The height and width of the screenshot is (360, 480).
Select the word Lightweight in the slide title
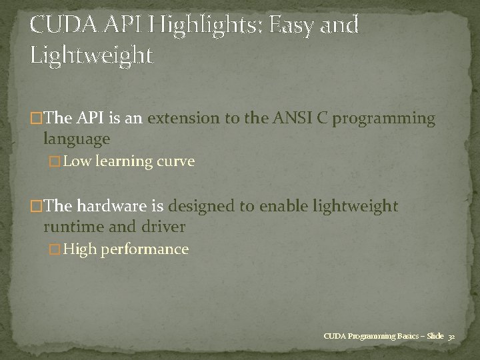tap(91, 54)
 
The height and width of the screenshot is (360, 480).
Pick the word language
tap(77, 140)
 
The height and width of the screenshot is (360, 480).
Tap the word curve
tap(175, 162)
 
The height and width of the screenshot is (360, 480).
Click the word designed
tap(203, 206)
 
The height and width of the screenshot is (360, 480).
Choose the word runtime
tap(73, 227)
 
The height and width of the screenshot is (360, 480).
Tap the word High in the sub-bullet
tap(81, 249)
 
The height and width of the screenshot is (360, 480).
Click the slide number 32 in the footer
tap(451, 336)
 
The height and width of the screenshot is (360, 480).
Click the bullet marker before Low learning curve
tap(56, 162)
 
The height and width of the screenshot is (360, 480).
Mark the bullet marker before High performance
tap(56, 249)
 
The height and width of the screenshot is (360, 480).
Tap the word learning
tap(122, 162)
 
